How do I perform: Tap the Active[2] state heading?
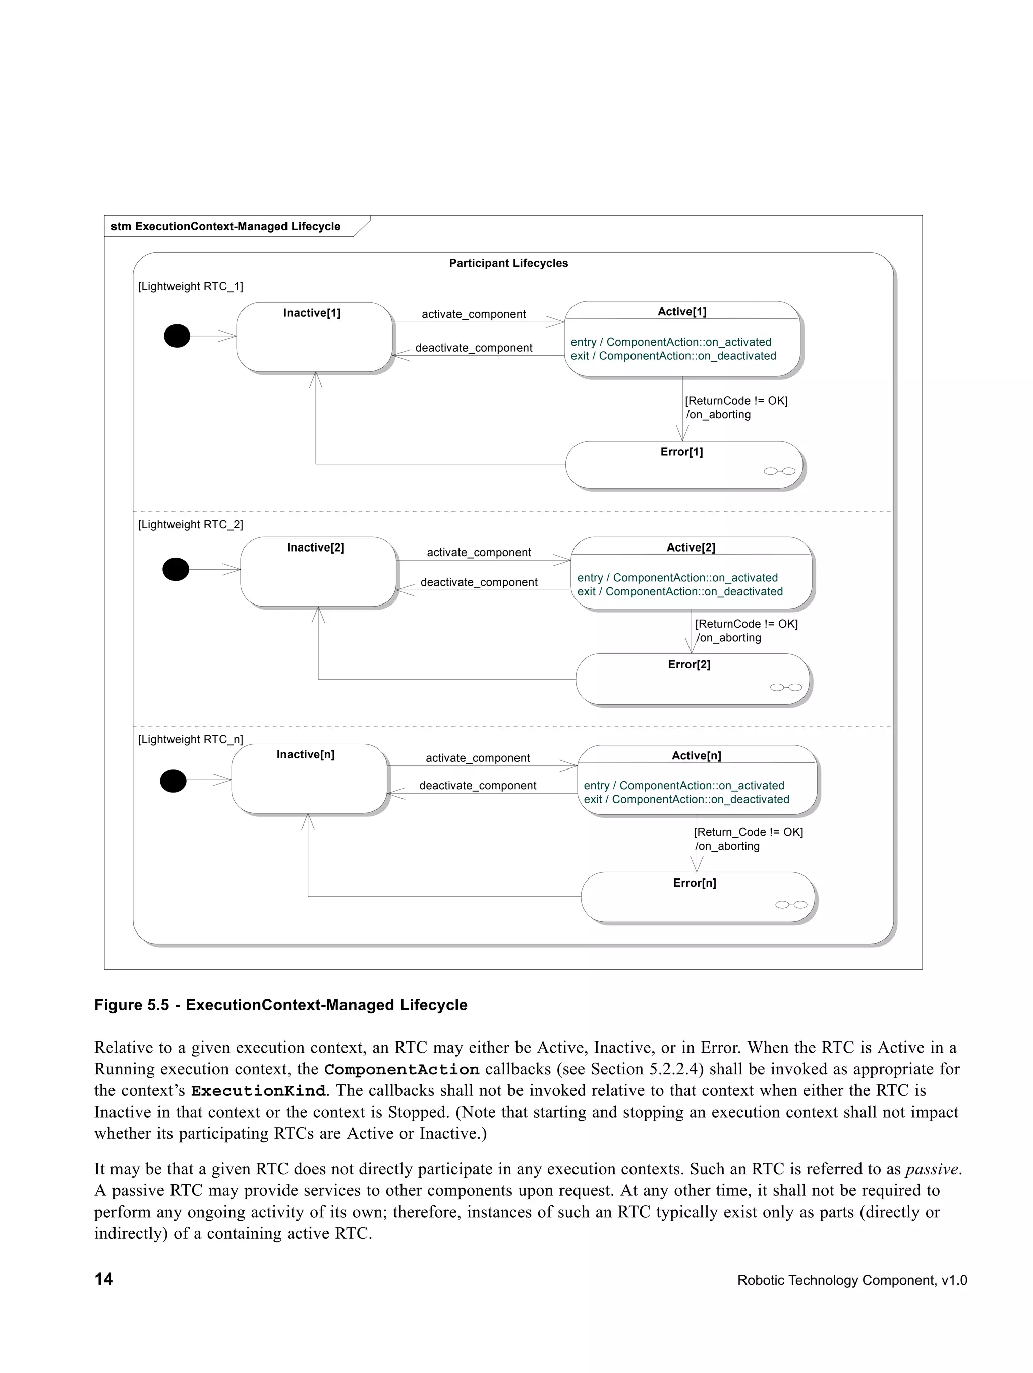pos(691,547)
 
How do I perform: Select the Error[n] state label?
pos(694,883)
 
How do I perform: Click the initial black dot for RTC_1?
pos(177,336)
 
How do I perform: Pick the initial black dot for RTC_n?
pos(173,780)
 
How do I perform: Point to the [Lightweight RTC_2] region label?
pos(191,524)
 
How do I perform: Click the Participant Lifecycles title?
pos(508,263)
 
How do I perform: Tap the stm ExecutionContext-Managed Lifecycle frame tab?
pos(226,227)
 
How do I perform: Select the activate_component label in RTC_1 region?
pos(474,314)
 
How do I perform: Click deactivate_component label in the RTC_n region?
pos(477,785)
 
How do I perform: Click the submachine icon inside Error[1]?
pos(779,471)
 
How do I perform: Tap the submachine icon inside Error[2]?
pos(785,687)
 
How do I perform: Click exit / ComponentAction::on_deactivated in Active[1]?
pos(673,356)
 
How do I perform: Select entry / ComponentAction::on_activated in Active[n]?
pos(683,785)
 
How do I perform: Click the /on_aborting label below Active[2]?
pos(728,637)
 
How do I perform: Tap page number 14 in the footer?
pos(103,1279)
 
